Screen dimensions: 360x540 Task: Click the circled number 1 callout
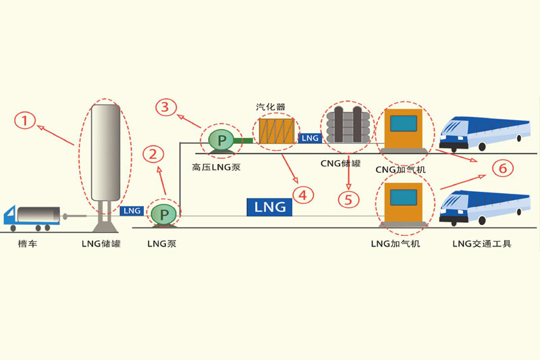pos(25,122)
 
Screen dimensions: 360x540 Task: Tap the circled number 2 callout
pos(155,155)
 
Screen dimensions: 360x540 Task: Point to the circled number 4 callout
pos(302,195)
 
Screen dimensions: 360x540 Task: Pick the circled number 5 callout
pos(348,199)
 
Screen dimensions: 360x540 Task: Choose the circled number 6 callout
pos(501,168)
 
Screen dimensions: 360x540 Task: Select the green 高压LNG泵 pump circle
pos(220,140)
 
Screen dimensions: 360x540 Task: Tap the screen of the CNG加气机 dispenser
pos(404,124)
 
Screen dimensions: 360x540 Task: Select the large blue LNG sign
pos(270,207)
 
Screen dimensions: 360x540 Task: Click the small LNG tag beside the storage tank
pos(132,211)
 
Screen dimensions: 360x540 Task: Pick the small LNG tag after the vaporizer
pos(310,138)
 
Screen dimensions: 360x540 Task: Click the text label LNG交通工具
pos(482,244)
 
